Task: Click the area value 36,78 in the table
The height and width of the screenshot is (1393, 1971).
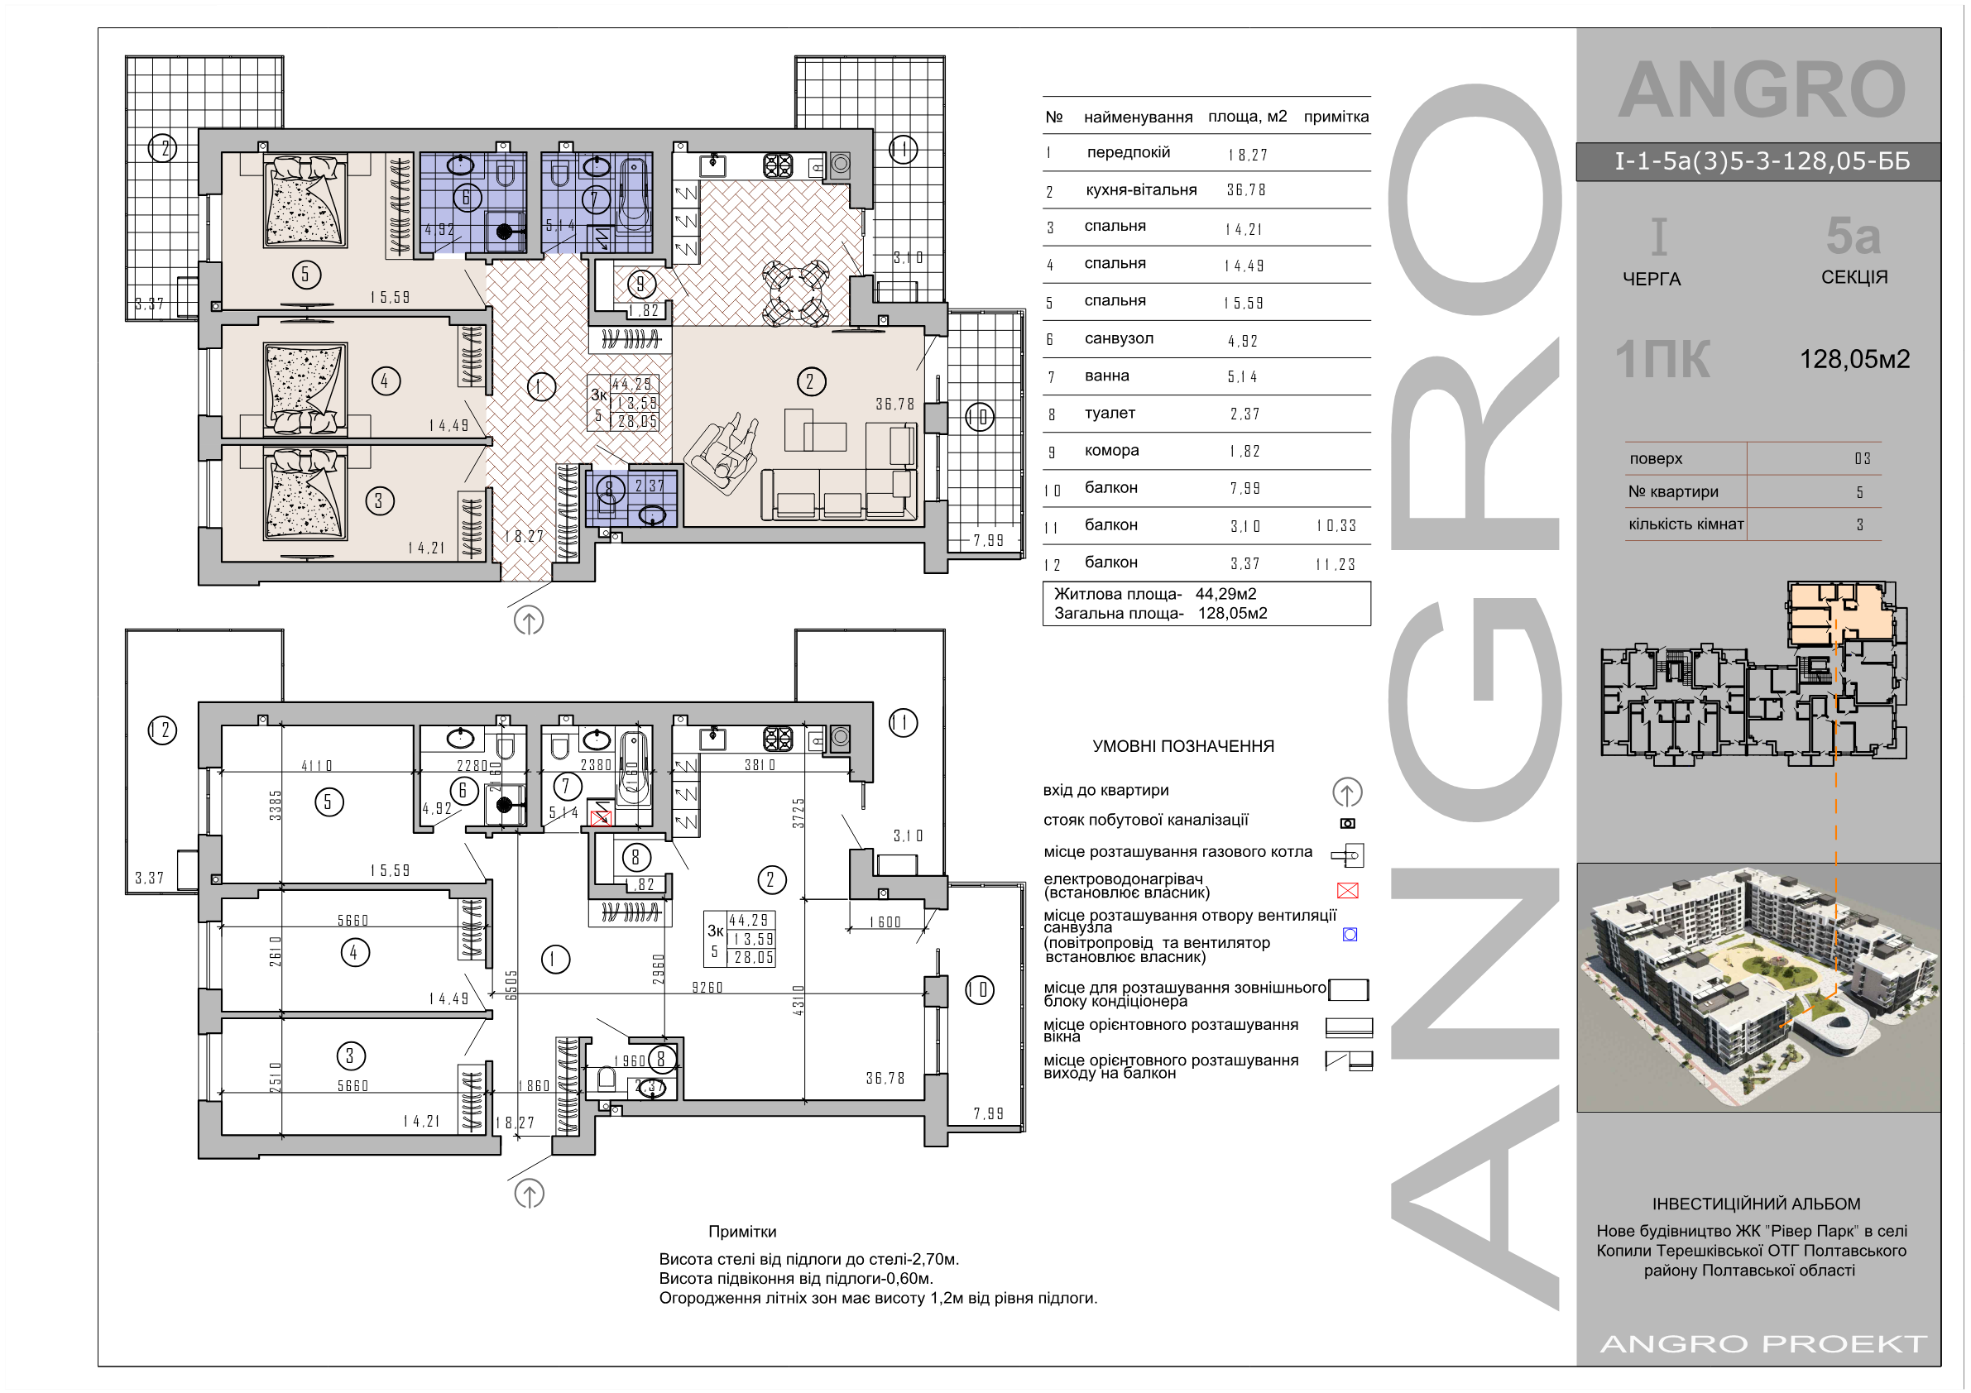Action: [x=1245, y=190]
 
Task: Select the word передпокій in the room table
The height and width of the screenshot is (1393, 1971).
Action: [x=1128, y=153]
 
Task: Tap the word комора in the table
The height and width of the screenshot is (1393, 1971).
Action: [x=1110, y=451]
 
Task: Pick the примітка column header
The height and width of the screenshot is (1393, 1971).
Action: [x=1336, y=117]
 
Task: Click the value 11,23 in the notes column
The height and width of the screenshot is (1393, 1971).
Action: [x=1335, y=564]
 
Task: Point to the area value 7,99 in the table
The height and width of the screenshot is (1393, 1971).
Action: [x=1244, y=488]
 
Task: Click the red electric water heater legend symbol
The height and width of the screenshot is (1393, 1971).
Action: [x=1348, y=891]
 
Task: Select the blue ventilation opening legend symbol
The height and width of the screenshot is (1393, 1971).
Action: [x=1350, y=935]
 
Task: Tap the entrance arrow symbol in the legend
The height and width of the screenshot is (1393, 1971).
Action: [x=1347, y=792]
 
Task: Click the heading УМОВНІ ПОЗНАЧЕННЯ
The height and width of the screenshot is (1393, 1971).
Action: [x=1183, y=747]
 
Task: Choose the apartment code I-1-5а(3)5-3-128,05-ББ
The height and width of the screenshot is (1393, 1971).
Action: [x=1762, y=161]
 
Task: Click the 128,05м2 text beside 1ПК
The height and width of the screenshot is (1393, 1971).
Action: [x=1854, y=359]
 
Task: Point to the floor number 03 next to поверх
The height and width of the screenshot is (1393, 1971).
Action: [x=1862, y=459]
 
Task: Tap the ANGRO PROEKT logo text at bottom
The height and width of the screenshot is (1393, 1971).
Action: [x=1764, y=1343]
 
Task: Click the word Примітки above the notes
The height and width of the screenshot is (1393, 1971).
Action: [x=741, y=1232]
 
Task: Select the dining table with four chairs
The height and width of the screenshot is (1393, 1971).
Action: [x=795, y=294]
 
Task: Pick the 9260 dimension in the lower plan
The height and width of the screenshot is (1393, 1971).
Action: [x=707, y=988]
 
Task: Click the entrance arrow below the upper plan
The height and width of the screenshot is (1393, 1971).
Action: [x=529, y=620]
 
